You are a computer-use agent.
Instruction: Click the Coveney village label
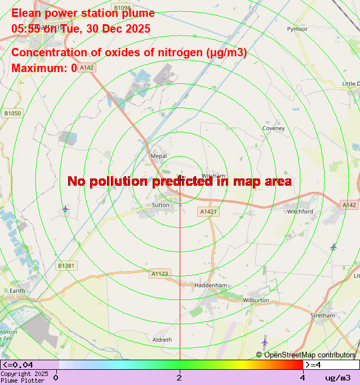point(273,128)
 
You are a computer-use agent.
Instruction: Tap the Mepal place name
point(159,156)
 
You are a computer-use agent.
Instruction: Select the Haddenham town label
point(210,285)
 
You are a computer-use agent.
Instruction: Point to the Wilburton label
point(256,300)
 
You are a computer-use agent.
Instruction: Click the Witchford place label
point(300,212)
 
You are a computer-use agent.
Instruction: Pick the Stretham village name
point(322,316)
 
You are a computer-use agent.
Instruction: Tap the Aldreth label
point(162,340)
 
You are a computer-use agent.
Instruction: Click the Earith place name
point(17,290)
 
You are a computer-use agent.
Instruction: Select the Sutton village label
point(161,205)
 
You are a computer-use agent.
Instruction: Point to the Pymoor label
point(297,29)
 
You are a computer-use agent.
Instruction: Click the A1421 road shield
point(208,212)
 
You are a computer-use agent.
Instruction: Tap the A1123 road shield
point(159,274)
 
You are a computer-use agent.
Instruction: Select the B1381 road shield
point(66,266)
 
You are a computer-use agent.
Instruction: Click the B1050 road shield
point(12,114)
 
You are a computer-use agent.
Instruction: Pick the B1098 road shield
point(122,8)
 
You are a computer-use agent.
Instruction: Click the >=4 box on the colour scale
point(331,365)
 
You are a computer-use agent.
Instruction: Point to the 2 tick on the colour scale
point(179,377)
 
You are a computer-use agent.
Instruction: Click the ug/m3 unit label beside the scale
point(337,378)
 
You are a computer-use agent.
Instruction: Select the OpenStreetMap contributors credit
point(306,355)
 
